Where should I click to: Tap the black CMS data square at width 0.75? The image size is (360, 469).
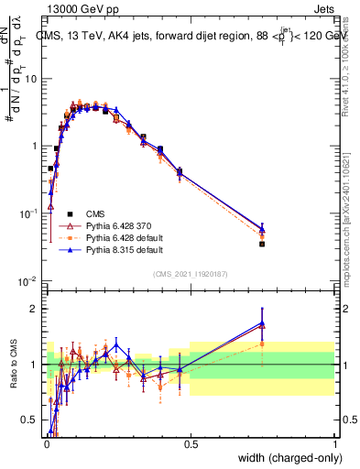(x=262, y=244)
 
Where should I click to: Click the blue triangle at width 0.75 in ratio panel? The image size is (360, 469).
(x=262, y=322)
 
